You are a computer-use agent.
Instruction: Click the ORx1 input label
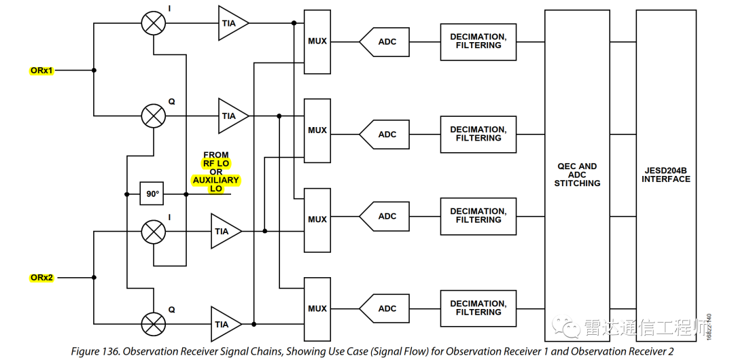(x=41, y=70)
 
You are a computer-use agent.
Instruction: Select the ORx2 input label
(x=41, y=277)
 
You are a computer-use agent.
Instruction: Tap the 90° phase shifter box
(x=152, y=194)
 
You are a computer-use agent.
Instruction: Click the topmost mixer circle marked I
(x=153, y=23)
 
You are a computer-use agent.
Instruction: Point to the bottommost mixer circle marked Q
(x=153, y=323)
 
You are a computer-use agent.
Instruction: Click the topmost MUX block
(x=317, y=41)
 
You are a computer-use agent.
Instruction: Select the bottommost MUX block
(x=317, y=309)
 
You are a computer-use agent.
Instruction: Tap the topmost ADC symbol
(x=385, y=42)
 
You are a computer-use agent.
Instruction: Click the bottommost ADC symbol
(x=385, y=309)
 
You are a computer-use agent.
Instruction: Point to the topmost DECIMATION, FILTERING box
(x=478, y=41)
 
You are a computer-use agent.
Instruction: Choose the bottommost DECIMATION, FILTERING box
(x=478, y=308)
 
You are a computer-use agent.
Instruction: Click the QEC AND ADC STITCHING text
(x=577, y=175)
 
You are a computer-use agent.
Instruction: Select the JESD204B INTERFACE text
(x=666, y=175)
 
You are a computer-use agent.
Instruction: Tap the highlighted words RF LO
(x=216, y=164)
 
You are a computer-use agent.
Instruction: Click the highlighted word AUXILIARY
(x=216, y=180)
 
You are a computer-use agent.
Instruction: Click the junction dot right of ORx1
(x=94, y=70)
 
